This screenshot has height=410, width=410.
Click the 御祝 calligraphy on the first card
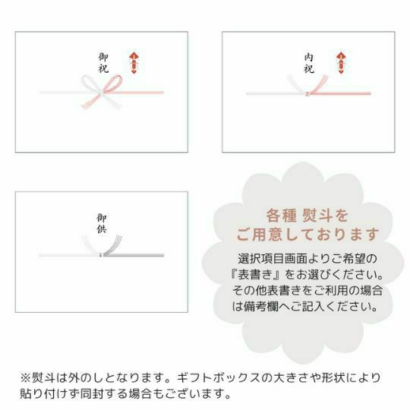103,63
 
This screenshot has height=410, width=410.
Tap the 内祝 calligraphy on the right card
309,64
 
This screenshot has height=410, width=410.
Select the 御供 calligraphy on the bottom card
102,223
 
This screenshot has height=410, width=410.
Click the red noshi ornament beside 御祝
134,63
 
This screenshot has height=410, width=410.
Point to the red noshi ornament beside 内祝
341,63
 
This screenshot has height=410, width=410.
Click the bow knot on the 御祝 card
102,92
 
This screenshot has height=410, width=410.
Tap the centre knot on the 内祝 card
307,93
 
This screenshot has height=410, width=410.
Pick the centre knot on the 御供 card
101,254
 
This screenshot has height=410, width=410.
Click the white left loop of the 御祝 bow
90,84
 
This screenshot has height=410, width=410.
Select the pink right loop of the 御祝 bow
113,84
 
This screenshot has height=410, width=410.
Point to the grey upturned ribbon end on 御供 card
113,244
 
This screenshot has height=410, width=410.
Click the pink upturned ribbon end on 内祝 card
320,84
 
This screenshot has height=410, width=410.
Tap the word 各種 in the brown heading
281,216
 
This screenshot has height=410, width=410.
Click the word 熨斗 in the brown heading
317,216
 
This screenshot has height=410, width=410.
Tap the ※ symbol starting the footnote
25,378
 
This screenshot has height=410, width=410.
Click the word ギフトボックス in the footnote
219,378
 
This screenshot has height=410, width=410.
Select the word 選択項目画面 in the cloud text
273,259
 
